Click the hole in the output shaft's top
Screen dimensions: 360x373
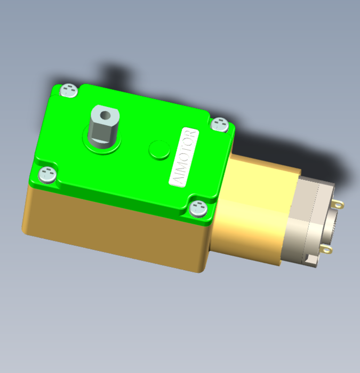pos(105,116)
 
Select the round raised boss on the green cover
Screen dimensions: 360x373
pos(159,149)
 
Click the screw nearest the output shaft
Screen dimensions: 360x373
pos(69,90)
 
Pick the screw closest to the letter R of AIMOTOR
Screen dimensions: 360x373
pos(220,124)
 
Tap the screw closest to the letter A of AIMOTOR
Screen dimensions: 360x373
pos(198,209)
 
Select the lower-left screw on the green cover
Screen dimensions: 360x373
pos(47,175)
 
